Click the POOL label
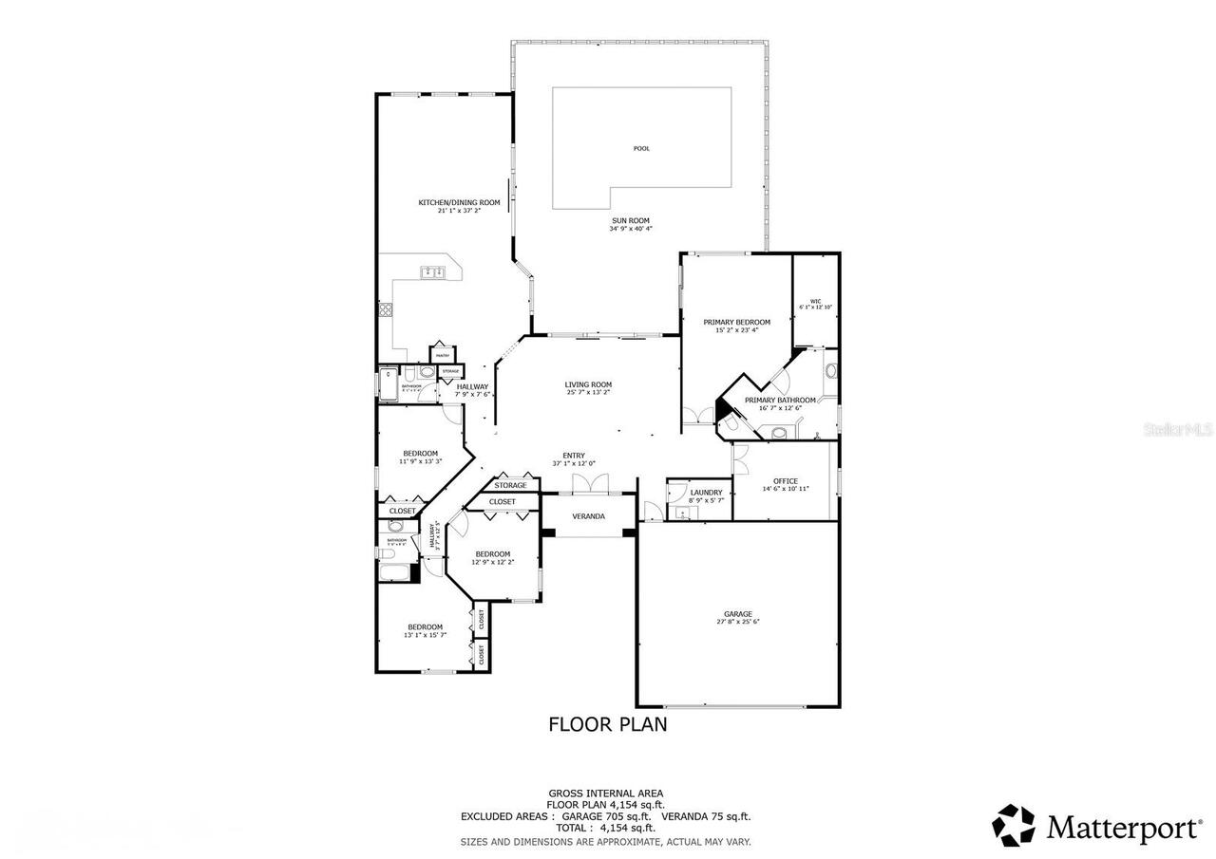[642, 148]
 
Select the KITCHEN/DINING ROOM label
[459, 202]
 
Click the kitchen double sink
[433, 272]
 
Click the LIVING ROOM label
[588, 384]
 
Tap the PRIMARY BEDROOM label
[736, 322]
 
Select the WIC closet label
[815, 301]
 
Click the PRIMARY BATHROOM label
[779, 401]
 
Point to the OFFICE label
[786, 481]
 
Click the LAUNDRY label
[706, 493]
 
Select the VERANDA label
[588, 516]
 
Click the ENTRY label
[574, 456]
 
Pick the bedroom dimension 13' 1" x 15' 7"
[425, 635]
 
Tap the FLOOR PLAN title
[608, 724]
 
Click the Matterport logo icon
[1014, 825]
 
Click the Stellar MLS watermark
[1176, 430]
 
